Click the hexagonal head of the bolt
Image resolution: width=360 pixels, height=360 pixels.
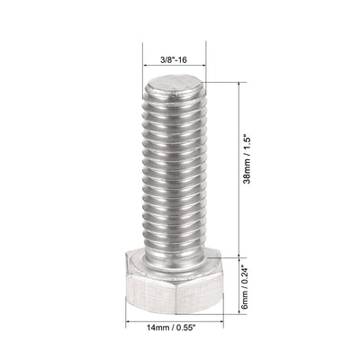(x=175, y=284)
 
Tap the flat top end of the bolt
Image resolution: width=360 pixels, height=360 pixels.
(x=175, y=89)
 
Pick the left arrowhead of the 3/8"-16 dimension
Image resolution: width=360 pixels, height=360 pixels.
(x=147, y=68)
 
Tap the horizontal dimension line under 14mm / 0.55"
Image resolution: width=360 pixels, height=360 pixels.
(x=176, y=316)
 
